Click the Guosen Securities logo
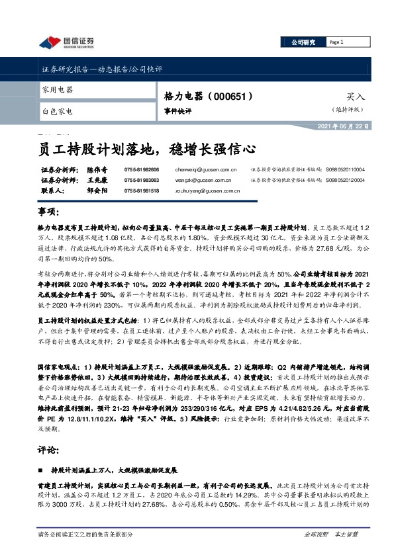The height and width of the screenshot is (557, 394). click(66, 43)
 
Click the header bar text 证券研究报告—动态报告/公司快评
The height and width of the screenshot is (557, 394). click(102, 69)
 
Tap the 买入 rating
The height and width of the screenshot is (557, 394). click(355, 97)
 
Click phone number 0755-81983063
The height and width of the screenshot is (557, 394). click(142, 180)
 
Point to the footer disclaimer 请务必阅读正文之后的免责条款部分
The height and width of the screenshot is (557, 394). click(86, 534)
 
